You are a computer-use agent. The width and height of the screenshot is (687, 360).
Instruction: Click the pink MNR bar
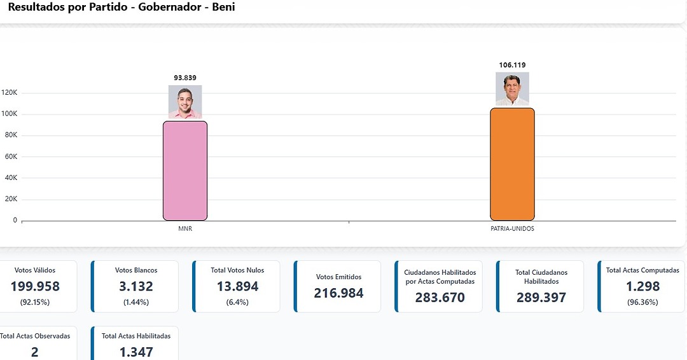point(185,170)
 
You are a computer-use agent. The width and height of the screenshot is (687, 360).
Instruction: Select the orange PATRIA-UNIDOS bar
point(512,164)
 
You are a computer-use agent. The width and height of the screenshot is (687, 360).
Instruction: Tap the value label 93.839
point(185,78)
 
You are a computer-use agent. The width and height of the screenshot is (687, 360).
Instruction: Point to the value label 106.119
point(512,65)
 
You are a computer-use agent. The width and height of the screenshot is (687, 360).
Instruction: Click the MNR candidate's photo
point(185,102)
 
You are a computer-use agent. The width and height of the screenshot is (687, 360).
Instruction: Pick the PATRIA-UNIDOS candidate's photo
point(512,89)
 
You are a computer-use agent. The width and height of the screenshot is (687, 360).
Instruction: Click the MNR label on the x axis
point(185,229)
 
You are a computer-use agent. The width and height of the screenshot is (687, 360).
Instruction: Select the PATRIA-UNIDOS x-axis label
point(512,229)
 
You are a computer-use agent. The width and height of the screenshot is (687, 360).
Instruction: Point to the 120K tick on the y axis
point(10,93)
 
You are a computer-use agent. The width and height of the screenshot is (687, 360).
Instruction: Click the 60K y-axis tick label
point(11,156)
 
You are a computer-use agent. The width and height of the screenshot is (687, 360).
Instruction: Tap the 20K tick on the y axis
point(11,199)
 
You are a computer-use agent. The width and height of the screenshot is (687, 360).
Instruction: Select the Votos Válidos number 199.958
point(35,286)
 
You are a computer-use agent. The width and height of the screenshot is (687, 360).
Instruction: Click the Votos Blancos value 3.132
point(136,286)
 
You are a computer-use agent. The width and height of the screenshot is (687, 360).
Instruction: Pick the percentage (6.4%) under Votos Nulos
point(237,302)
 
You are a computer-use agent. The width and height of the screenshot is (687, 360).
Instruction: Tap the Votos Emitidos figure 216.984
point(338,293)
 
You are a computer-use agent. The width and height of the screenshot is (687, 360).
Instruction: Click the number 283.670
point(440,297)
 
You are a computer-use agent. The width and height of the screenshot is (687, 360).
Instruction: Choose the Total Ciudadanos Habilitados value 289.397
point(541,297)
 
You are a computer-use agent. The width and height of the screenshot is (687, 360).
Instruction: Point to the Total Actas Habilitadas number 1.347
point(136,351)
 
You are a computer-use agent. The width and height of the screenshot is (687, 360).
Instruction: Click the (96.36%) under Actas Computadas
point(642,302)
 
